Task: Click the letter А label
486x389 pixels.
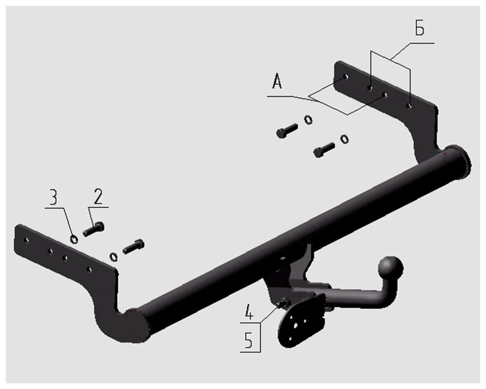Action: (x=277, y=84)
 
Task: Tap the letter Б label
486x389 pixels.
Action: (x=420, y=29)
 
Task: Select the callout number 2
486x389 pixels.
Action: (x=98, y=197)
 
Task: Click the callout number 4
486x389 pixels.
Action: (x=248, y=314)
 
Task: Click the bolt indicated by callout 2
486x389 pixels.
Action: (x=93, y=229)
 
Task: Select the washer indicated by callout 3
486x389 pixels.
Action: (x=74, y=238)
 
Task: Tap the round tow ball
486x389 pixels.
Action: (x=389, y=268)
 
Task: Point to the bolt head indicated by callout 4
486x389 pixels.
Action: (x=283, y=303)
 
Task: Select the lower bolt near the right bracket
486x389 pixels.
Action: (x=324, y=150)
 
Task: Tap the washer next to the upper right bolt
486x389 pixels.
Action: (x=308, y=120)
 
